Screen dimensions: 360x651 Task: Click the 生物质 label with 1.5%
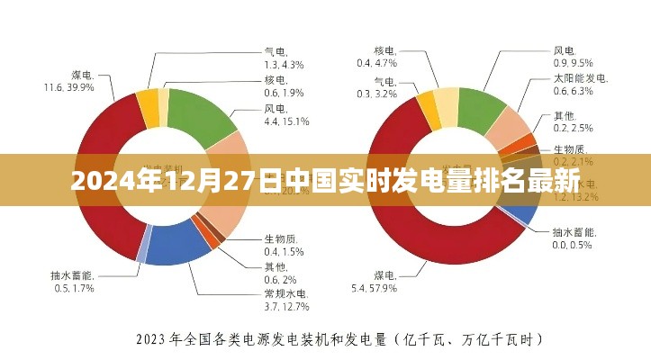[x=283, y=244]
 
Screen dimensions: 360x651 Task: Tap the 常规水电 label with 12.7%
[x=285, y=301]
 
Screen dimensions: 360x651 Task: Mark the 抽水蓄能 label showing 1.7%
[x=74, y=282]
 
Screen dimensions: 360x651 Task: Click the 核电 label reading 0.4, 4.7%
[x=376, y=57]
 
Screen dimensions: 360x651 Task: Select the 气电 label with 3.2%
[x=376, y=87]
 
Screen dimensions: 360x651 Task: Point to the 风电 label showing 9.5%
[x=573, y=56]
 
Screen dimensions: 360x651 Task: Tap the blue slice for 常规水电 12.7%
[x=176, y=247]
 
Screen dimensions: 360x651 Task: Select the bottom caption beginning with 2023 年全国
[x=339, y=339]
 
